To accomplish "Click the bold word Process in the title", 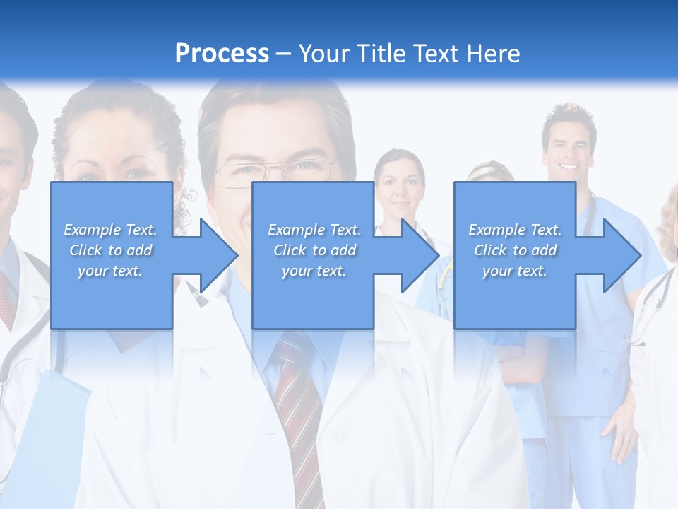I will tap(222, 53).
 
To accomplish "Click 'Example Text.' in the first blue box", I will tap(111, 230).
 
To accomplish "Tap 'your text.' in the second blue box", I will tap(314, 271).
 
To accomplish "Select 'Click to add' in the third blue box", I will tap(515, 250).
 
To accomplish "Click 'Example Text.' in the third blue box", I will tap(515, 230).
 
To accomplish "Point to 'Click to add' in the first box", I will tap(111, 250).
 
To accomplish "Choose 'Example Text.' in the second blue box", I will tap(314, 230).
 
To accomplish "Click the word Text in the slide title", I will tap(435, 53).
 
